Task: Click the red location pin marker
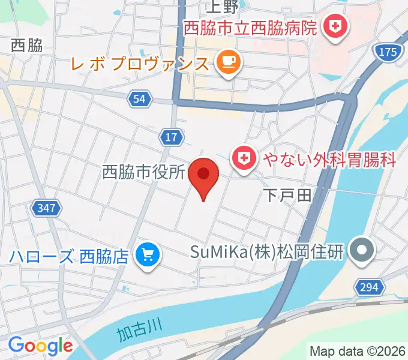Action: point(203,176)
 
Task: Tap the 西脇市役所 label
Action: point(143,173)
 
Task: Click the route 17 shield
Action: point(171,137)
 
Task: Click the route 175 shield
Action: point(388,52)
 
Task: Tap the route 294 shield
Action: point(369,287)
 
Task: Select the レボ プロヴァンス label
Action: point(140,62)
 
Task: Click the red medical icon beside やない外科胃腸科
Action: point(244,159)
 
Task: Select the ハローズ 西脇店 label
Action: point(69,257)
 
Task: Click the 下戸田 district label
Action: point(287,194)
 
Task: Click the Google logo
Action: point(40,346)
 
